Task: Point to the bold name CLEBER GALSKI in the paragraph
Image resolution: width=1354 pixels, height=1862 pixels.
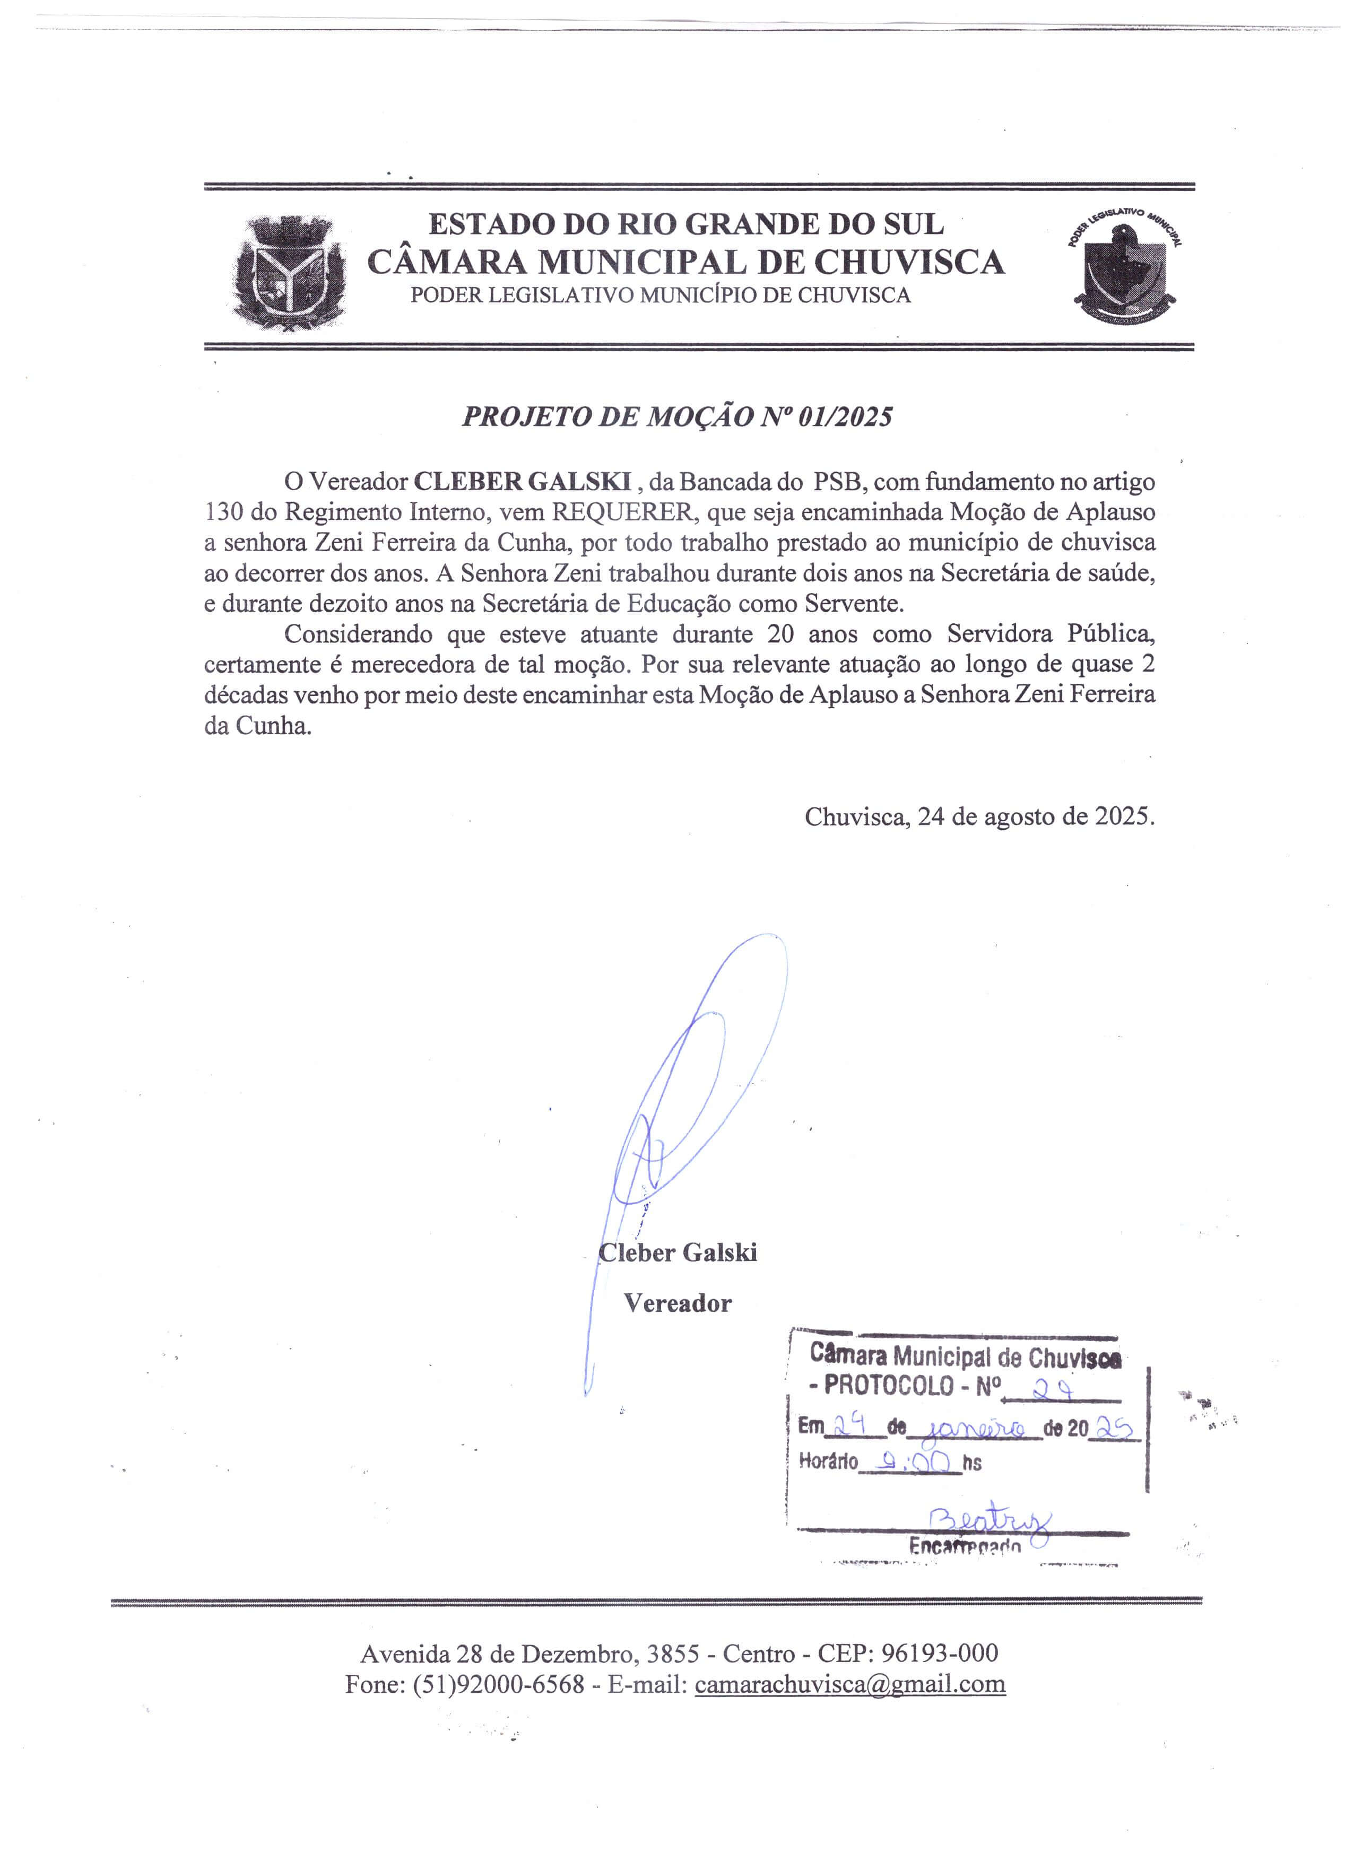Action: coord(522,481)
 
